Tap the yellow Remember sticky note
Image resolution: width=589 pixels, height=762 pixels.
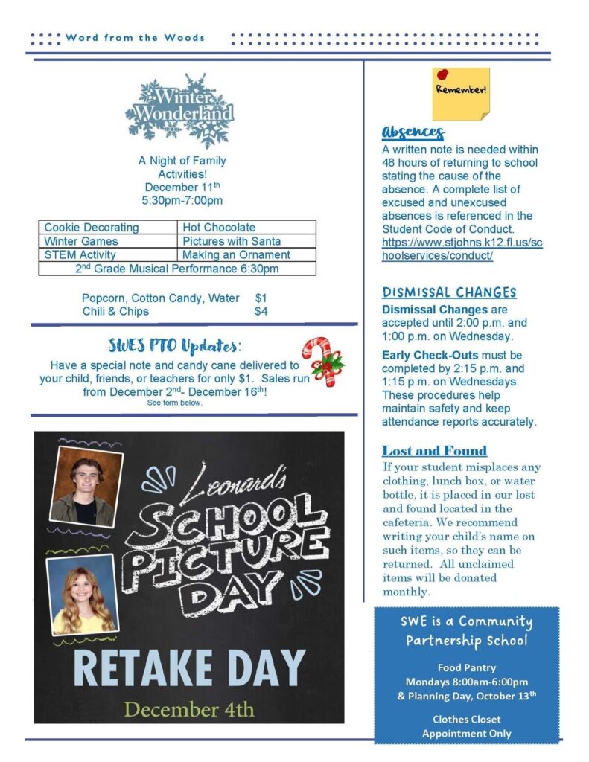click(461, 94)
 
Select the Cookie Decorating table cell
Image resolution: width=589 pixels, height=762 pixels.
click(92, 227)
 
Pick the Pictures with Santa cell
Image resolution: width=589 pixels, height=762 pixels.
click(232, 241)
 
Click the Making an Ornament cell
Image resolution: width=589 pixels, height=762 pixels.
click(236, 254)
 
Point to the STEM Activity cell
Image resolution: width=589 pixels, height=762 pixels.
click(80, 254)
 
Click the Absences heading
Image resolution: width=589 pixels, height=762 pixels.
click(413, 132)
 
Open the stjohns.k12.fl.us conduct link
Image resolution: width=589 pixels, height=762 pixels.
click(462, 249)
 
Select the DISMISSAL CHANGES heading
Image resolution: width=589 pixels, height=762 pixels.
click(449, 292)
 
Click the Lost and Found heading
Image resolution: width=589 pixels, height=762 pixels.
click(434, 451)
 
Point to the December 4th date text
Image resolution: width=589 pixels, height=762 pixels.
click(188, 708)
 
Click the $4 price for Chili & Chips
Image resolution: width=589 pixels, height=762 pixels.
click(261, 312)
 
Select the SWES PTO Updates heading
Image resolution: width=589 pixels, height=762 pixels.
click(174, 346)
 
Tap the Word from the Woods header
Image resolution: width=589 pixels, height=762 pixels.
click(135, 37)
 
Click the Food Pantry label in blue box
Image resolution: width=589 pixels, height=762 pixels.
click(466, 667)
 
